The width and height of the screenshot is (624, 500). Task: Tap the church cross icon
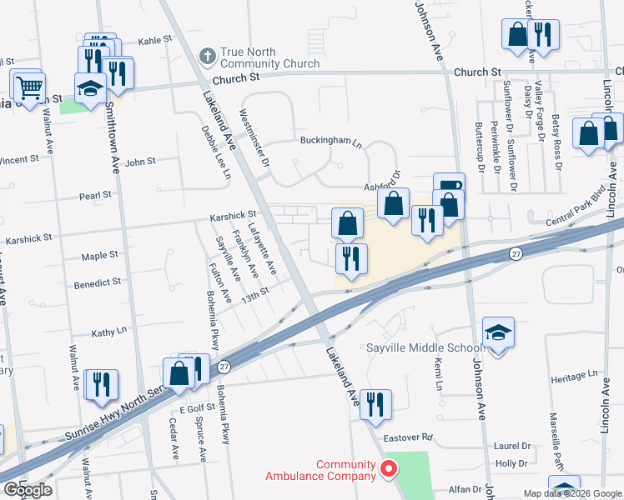coord(208,57)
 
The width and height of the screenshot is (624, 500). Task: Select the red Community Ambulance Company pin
coord(388,470)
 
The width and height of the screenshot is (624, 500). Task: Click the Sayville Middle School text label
coord(425,347)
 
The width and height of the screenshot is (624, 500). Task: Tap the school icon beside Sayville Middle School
coord(498,332)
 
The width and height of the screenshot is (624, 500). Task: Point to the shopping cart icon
coord(28,86)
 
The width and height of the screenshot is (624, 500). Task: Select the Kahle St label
coord(154,39)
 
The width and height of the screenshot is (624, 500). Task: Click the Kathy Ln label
coord(109,331)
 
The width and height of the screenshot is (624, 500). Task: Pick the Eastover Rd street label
coord(409,437)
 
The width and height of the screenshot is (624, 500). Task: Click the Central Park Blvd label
coord(573,212)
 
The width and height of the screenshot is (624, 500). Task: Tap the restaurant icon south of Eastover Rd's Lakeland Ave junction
coord(375,404)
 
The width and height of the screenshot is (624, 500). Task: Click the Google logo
coord(28,490)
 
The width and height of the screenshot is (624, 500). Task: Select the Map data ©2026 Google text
coord(572,493)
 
